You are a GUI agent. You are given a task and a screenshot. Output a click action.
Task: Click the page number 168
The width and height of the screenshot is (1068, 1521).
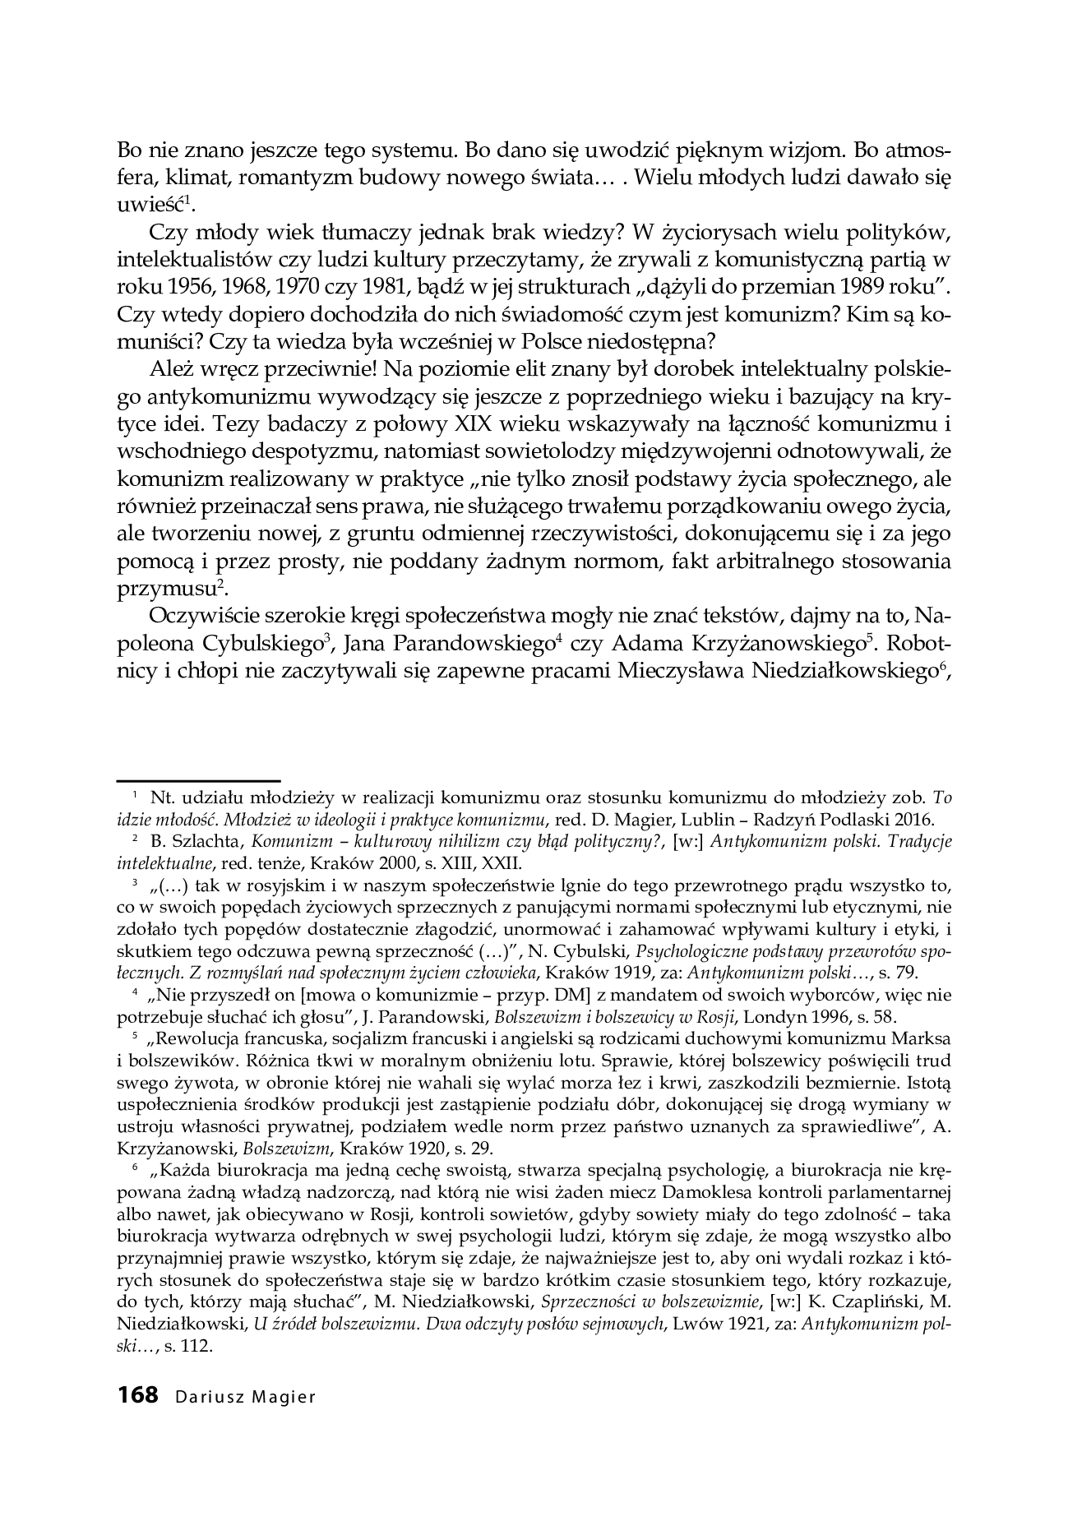(x=137, y=1395)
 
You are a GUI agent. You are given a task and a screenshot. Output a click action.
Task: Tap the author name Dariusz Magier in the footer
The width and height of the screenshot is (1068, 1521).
(x=245, y=1397)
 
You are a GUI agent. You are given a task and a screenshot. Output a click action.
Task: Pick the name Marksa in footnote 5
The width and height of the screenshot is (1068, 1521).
(x=927, y=1038)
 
